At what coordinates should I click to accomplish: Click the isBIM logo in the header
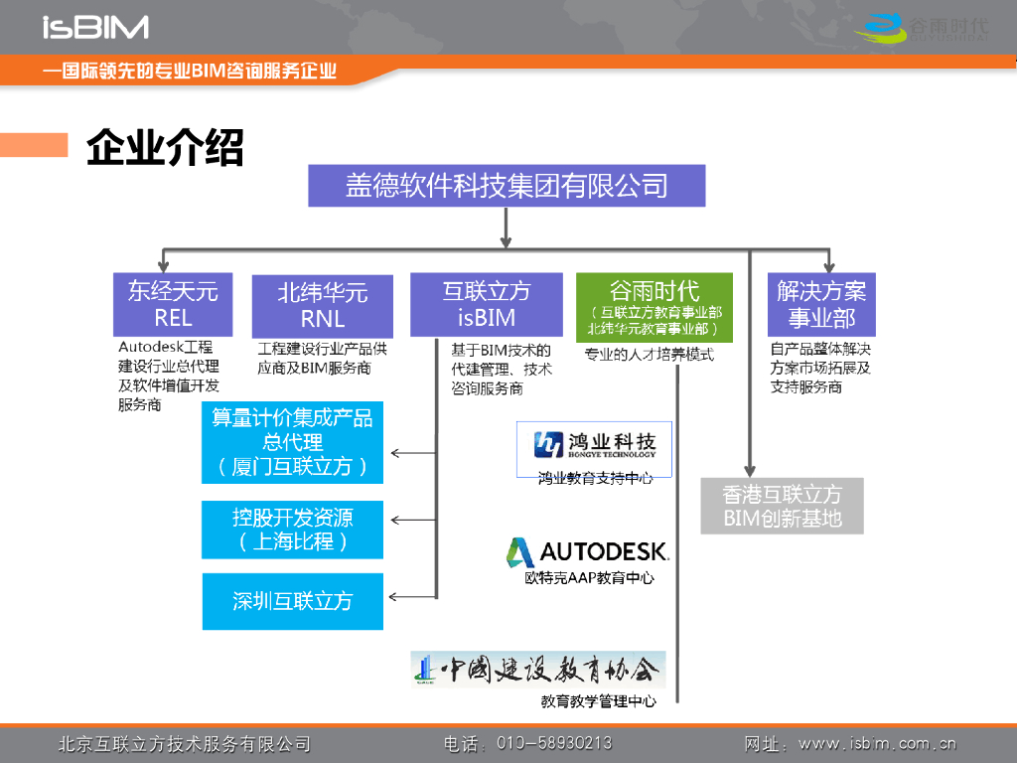[95, 27]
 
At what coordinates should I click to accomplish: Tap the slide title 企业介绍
[165, 148]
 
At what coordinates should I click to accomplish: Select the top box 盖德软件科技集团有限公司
[507, 186]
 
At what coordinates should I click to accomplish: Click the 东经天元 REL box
[173, 304]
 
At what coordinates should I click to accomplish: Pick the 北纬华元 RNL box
[323, 305]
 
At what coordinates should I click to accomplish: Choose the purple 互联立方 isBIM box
[487, 304]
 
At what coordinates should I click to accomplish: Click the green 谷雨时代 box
[654, 307]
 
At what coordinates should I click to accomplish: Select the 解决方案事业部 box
[821, 304]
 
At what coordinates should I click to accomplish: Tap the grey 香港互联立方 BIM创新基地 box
[782, 506]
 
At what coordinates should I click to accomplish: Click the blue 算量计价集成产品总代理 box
[292, 442]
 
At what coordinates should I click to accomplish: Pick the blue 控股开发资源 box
[292, 530]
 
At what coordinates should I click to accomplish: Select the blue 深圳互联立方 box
[292, 601]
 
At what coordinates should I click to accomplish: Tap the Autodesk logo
[588, 551]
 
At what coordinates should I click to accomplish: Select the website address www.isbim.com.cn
[877, 743]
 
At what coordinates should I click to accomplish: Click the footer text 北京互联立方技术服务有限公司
[185, 743]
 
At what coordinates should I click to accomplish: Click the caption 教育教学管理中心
[598, 701]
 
